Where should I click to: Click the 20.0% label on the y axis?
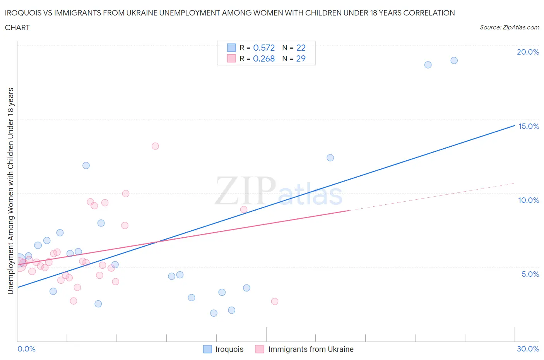click(528, 52)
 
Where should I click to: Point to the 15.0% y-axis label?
click(529, 126)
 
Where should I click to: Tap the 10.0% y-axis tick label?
click(529, 200)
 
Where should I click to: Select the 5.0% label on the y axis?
click(530, 274)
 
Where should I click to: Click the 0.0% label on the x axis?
click(26, 349)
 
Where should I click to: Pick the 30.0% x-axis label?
click(528, 349)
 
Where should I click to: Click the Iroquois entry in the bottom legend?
click(229, 349)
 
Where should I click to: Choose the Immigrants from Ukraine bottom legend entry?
click(311, 349)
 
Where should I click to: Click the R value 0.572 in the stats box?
click(264, 48)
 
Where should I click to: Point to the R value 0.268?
click(264, 58)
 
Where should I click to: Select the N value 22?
click(301, 48)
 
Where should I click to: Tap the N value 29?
click(301, 58)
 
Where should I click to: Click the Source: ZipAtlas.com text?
click(509, 27)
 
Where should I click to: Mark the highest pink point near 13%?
click(155, 146)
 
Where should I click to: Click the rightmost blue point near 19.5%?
click(454, 60)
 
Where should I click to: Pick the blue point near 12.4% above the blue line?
click(330, 158)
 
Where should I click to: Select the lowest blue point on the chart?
click(214, 313)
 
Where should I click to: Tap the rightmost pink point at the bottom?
click(275, 301)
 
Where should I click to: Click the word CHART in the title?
click(17, 27)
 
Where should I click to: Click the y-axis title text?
click(11, 191)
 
